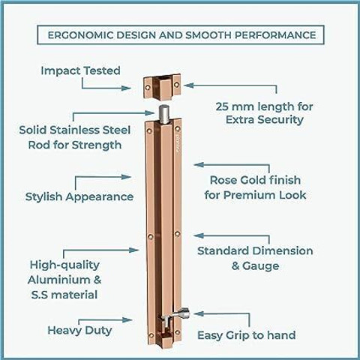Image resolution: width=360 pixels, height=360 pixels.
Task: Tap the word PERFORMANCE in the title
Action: click(275, 35)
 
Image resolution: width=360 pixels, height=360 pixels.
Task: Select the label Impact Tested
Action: click(80, 70)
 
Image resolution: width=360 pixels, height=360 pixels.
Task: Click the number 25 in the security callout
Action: click(222, 106)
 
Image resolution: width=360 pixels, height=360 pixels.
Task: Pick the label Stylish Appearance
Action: click(79, 197)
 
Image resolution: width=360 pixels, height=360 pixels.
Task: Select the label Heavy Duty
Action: click(79, 331)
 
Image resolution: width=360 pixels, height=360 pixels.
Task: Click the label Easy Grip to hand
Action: click(247, 335)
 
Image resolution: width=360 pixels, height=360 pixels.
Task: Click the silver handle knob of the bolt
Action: click(184, 313)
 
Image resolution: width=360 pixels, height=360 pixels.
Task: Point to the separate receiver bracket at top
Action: click(162, 87)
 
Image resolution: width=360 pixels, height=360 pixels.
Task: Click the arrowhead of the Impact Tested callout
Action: click(126, 88)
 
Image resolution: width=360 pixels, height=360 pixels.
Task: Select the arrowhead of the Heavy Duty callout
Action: click(127, 320)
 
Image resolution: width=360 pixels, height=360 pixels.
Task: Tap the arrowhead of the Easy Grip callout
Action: click(199, 314)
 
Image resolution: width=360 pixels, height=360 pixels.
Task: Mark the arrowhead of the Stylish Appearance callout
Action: click(126, 177)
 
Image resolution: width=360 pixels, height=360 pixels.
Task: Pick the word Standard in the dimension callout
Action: click(222, 250)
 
